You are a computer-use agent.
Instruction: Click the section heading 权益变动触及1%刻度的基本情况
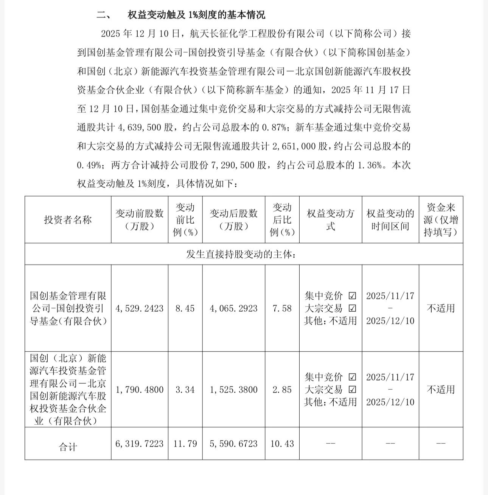tap(196, 15)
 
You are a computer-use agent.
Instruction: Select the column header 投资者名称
tap(68, 220)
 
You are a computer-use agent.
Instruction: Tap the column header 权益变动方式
tap(330, 220)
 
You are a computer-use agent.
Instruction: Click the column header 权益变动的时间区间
tap(390, 220)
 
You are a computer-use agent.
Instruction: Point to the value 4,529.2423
tap(140, 308)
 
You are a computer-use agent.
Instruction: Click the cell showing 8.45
tap(185, 308)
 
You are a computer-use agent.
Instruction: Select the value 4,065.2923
tap(233, 308)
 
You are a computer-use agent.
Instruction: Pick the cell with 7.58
tap(282, 308)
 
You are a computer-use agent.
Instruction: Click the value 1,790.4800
tap(140, 390)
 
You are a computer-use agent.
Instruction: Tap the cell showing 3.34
tap(185, 390)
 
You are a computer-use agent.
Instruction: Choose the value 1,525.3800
tap(233, 390)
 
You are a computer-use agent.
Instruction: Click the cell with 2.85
tap(282, 390)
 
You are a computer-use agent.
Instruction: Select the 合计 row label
tap(68, 447)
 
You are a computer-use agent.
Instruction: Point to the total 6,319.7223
tap(140, 444)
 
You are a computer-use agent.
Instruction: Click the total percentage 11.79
tap(185, 444)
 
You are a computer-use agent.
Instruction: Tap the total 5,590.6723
tap(233, 444)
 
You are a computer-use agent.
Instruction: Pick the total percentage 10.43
tap(282, 444)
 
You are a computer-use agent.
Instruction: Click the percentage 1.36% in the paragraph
tap(370, 165)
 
